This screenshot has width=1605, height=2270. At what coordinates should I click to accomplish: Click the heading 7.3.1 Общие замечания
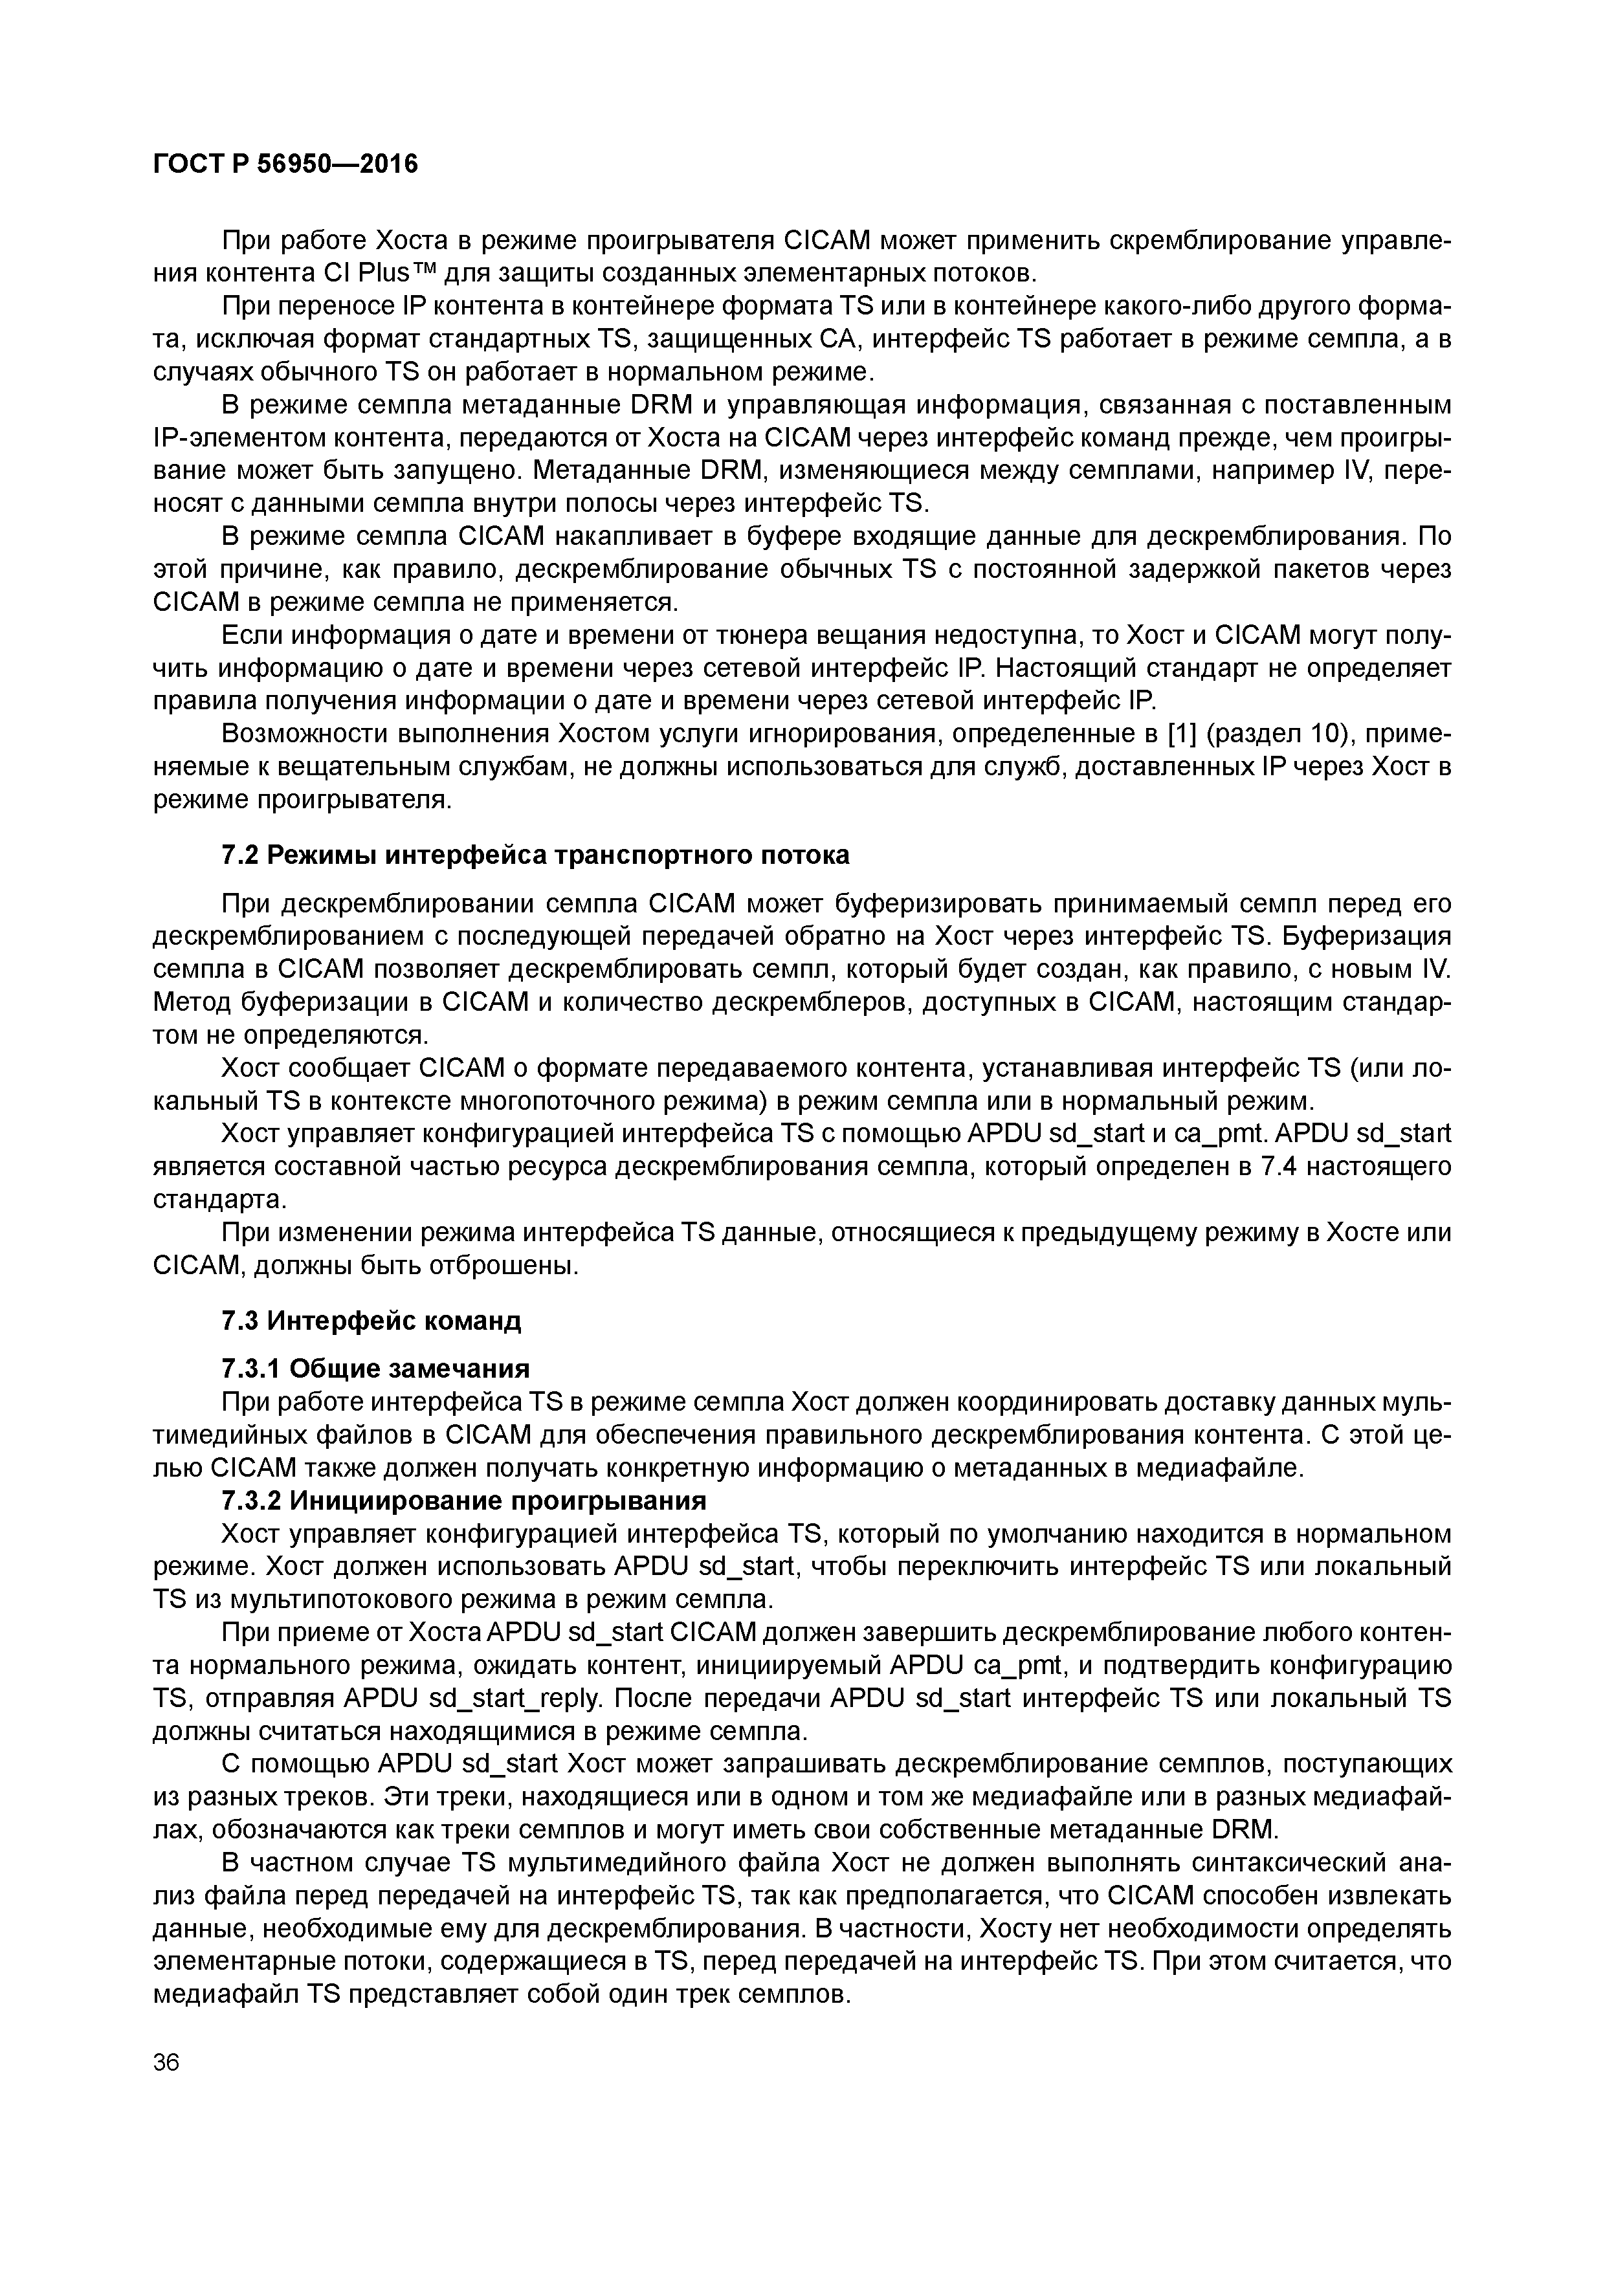pyautogui.click(x=376, y=1369)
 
